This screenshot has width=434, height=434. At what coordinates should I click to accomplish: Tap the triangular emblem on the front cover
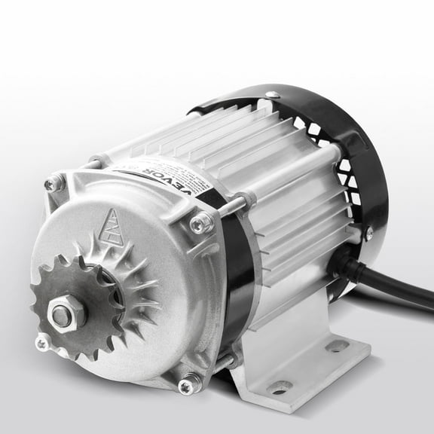[113, 224]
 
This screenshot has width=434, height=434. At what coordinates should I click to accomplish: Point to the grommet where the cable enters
[349, 263]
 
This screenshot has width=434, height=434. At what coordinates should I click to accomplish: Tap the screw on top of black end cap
[272, 95]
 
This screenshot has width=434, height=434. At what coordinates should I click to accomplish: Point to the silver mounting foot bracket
[301, 362]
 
